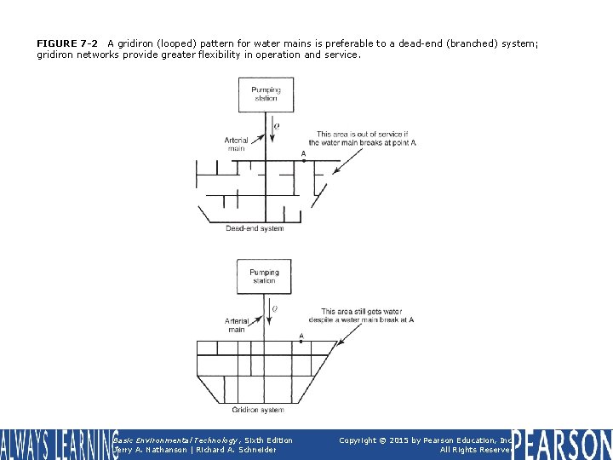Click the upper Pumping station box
tap(266, 95)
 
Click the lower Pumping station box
tap(264, 277)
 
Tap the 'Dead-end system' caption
tap(255, 228)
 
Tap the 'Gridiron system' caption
tap(258, 410)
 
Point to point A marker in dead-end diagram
tap(304, 159)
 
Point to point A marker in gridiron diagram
tap(301, 341)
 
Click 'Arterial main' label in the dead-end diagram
tap(236, 145)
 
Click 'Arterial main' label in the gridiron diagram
tap(236, 325)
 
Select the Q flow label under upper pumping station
tap(276, 126)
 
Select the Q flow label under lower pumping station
tap(274, 308)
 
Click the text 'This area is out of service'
tap(362, 135)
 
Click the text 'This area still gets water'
tap(366, 312)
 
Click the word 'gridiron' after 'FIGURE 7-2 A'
tap(140, 43)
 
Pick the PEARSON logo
tap(562, 445)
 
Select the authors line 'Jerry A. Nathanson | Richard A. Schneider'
tap(194, 450)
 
